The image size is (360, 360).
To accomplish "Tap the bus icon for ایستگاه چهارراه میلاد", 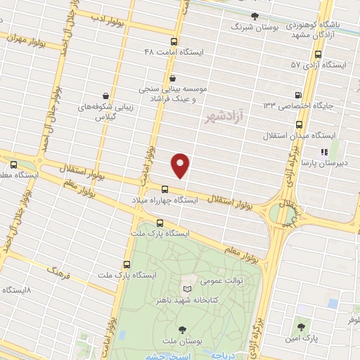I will (165, 189).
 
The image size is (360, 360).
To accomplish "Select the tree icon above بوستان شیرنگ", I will (255, 15).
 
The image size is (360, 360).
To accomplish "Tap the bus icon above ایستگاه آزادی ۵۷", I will (319, 53).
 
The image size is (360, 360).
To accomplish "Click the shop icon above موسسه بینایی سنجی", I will (173, 79).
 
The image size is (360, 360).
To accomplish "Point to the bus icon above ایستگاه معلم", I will (14, 165).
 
